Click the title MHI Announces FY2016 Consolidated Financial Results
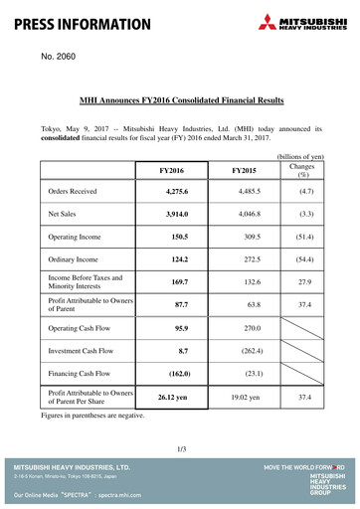tap(181, 100)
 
